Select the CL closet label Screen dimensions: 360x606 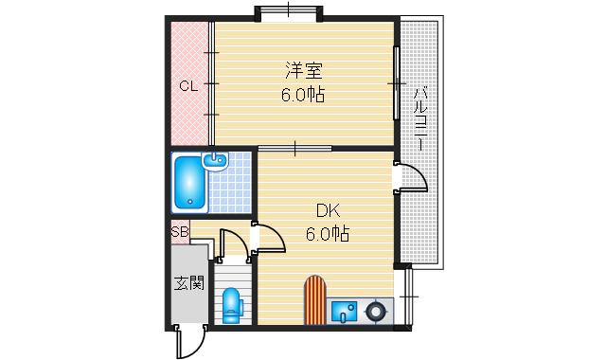[x=188, y=86]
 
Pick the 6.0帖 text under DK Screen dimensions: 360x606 [x=328, y=234]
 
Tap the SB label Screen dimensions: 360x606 [x=179, y=231]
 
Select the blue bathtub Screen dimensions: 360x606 [x=189, y=182]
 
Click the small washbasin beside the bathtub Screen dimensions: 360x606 [x=217, y=160]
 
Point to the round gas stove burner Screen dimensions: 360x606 [x=377, y=309]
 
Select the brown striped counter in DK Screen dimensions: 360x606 [x=315, y=299]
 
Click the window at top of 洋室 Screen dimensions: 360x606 [x=289, y=12]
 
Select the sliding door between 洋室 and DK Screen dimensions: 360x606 [x=294, y=148]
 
